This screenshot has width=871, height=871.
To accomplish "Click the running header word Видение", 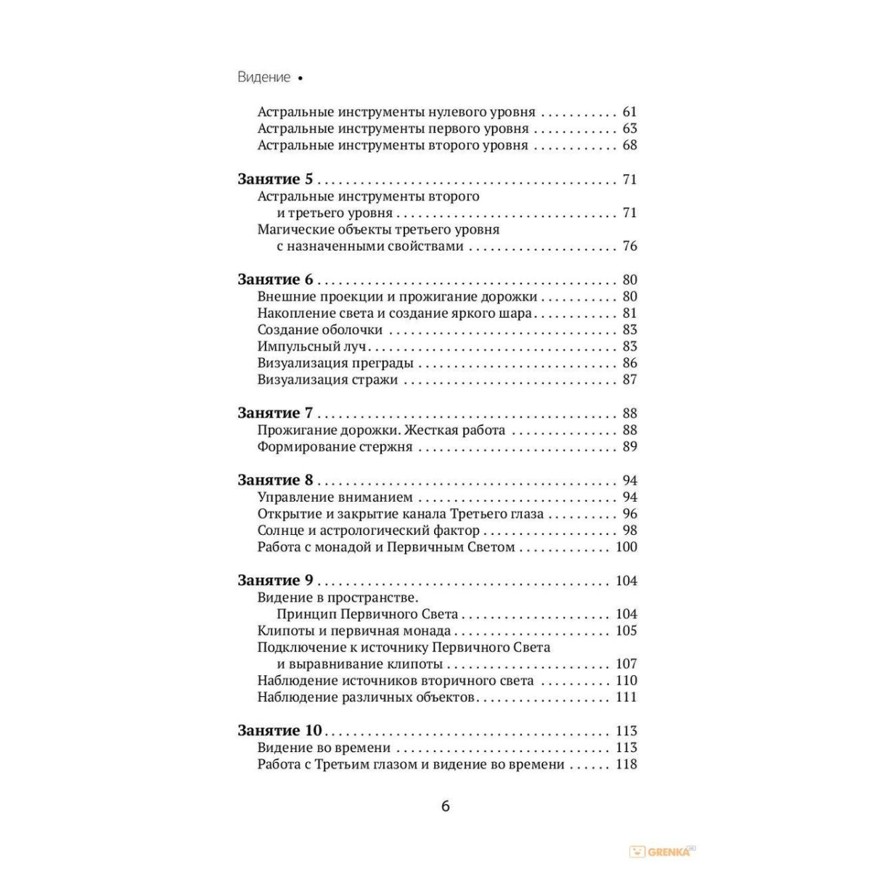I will click(x=263, y=77).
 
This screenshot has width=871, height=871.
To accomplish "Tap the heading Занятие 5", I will click(x=275, y=179).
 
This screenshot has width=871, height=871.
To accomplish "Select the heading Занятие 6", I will click(x=275, y=279).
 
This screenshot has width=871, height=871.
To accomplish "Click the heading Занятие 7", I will click(x=275, y=413).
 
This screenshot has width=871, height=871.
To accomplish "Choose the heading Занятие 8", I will click(x=275, y=480).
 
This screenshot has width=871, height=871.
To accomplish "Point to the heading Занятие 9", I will click(x=275, y=580).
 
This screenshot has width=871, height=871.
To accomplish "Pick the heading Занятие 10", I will click(x=280, y=730).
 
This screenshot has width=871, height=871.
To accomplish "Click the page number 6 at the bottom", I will click(x=446, y=806).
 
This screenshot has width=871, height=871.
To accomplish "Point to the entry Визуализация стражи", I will click(x=327, y=380).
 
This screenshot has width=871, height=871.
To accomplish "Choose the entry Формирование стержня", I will click(x=335, y=446).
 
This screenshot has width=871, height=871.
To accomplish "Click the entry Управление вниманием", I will click(x=335, y=497).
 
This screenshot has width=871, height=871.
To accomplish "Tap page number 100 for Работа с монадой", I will click(x=626, y=547).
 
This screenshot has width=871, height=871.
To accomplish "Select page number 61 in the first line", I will click(x=629, y=112).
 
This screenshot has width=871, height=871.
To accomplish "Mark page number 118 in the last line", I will click(x=626, y=764).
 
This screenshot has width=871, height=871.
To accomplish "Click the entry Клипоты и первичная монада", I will click(x=354, y=631).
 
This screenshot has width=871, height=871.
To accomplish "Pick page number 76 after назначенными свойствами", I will click(x=629, y=246).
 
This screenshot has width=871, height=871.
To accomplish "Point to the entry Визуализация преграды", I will click(x=335, y=363).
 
